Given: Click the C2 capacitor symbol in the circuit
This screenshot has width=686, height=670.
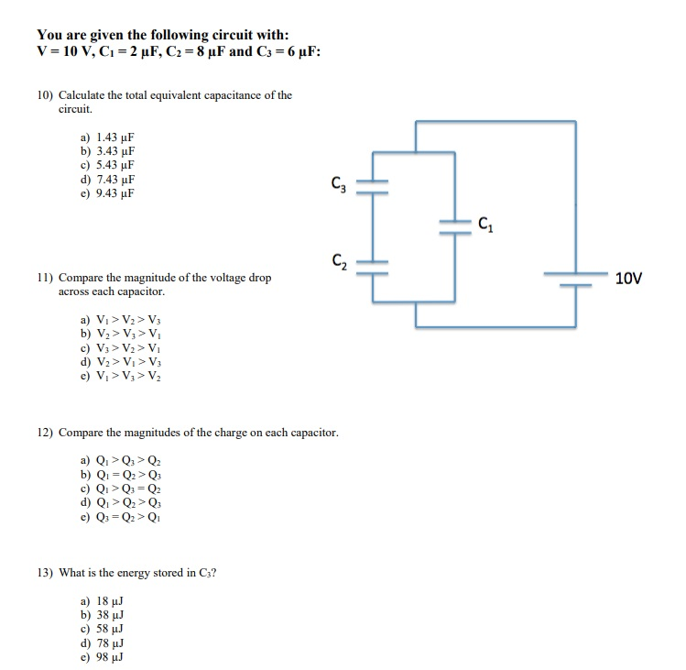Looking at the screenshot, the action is point(373,265).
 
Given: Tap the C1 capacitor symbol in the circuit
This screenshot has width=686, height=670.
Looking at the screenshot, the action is point(453,225).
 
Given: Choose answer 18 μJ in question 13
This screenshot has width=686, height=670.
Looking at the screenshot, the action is point(102,600).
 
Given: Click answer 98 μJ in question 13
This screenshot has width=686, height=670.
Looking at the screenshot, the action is point(102,657).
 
